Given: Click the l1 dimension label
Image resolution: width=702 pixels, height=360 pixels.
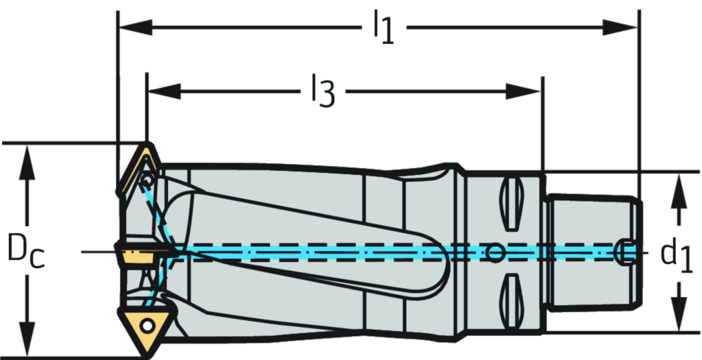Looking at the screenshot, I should click(384, 28).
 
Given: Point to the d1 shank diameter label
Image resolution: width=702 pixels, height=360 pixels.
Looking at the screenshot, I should click(674, 254).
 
